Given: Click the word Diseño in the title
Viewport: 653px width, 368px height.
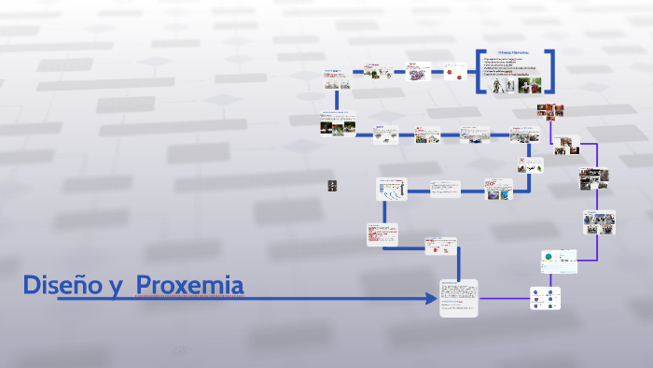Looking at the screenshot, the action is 63,285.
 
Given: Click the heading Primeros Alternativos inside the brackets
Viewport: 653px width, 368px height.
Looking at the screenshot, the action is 515,54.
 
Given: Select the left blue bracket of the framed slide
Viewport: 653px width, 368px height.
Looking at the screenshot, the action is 479,71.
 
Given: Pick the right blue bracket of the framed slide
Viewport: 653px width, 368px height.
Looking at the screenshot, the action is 551,71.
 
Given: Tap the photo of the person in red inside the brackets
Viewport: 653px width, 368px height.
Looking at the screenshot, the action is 531,85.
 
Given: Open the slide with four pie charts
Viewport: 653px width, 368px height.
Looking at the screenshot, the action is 546,298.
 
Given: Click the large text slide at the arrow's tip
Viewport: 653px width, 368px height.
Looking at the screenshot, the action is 458,298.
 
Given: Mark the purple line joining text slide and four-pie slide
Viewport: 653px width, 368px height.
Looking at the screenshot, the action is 504,299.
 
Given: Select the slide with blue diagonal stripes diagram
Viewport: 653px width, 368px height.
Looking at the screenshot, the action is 390,190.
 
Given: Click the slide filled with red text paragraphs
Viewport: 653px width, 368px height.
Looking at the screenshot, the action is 382,234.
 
